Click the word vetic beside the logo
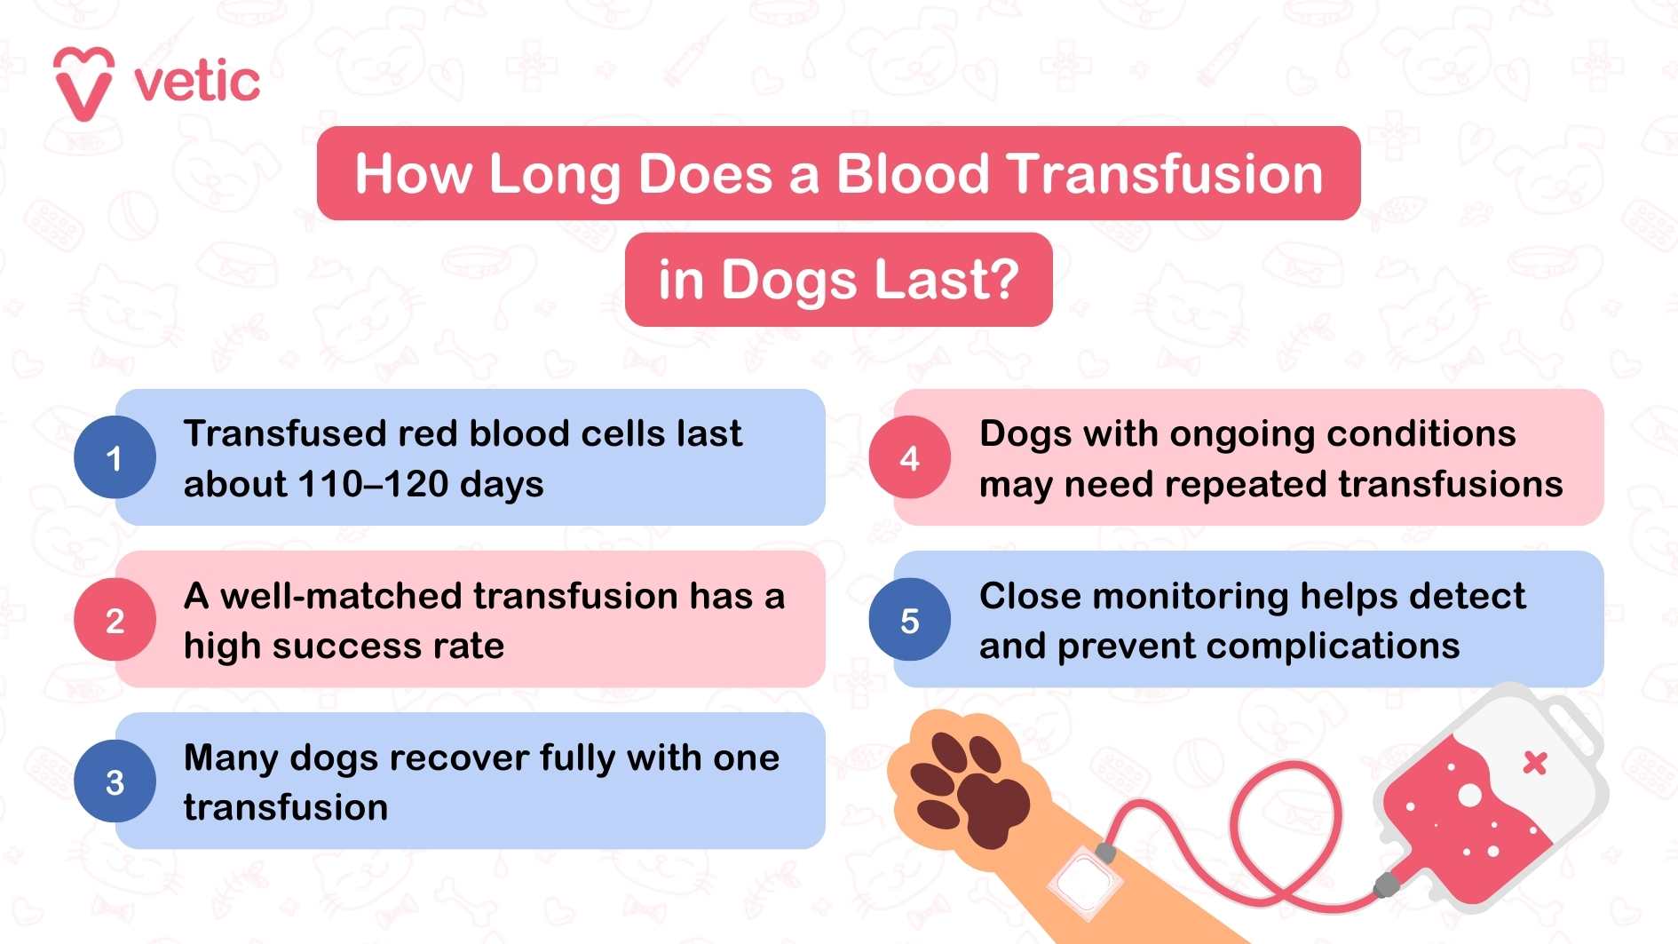tap(197, 83)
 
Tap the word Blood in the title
tap(913, 174)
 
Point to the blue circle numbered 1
tap(115, 458)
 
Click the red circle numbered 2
tap(115, 621)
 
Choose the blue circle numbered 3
tap(115, 782)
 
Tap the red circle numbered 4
tap(909, 458)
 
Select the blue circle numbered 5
tap(909, 621)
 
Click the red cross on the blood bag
tap(1535, 763)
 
